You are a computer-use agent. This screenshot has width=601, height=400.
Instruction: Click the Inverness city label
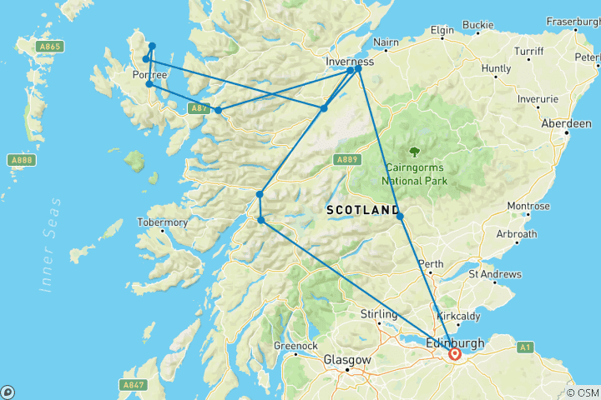[350, 61]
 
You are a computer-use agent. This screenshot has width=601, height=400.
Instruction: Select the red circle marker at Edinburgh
[455, 354]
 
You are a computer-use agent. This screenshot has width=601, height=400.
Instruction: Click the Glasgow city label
[347, 360]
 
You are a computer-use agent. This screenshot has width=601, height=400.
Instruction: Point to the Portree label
[150, 75]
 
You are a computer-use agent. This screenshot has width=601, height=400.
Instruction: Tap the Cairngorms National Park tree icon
[415, 150]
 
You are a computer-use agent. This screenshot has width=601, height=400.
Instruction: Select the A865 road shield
[50, 47]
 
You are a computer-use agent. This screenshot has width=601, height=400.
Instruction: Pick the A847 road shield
[134, 384]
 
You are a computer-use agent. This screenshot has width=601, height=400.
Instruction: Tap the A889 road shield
[347, 158]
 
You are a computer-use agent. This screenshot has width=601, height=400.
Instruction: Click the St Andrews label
[495, 273]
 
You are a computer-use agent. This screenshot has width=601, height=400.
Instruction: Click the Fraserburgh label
[573, 21]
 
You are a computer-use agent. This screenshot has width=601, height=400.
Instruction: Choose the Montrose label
[529, 206]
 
